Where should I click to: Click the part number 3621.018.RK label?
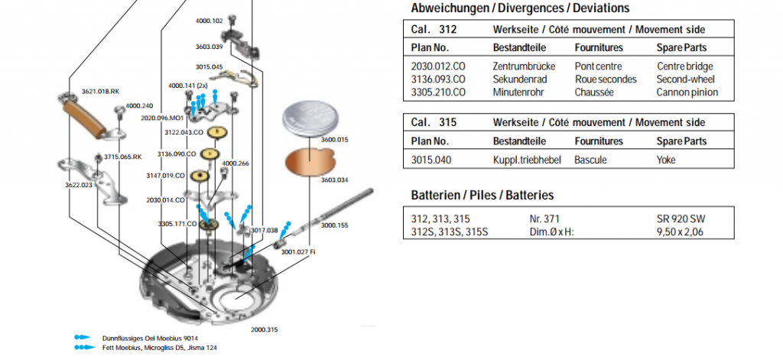pyautogui.click(x=101, y=92)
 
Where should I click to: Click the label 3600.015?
pyautogui.click(x=334, y=140)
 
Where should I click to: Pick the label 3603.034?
pyautogui.click(x=334, y=180)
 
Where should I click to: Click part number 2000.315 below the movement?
pyautogui.click(x=264, y=329)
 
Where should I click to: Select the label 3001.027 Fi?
pyautogui.click(x=298, y=251)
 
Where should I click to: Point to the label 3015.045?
pyautogui.click(x=209, y=67)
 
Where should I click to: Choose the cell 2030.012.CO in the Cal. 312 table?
pyautogui.click(x=438, y=66)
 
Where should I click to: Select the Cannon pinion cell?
pyautogui.click(x=687, y=92)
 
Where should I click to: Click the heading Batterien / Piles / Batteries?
pyautogui.click(x=482, y=196)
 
